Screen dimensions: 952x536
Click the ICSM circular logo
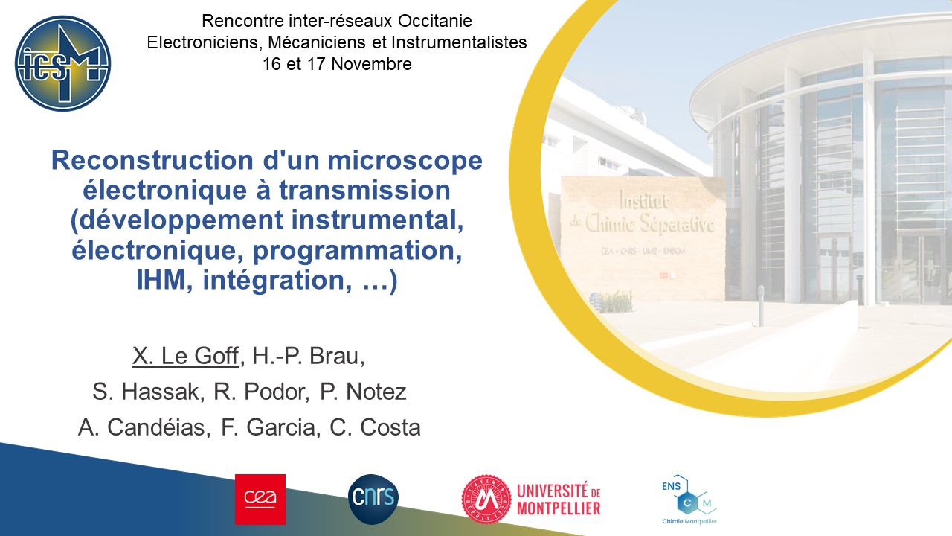(63, 63)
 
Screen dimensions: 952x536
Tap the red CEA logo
(260, 500)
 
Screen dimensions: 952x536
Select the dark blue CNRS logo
(373, 499)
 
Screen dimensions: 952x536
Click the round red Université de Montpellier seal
(486, 499)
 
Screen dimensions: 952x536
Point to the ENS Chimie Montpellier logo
(689, 500)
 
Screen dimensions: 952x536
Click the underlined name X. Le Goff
(186, 356)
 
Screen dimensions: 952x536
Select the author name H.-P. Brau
(309, 356)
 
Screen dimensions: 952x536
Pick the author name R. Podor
(261, 392)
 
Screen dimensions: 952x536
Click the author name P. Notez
(363, 392)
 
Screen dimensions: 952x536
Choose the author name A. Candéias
(144, 427)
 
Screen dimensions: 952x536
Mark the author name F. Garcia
(271, 427)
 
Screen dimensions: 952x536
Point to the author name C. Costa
(376, 427)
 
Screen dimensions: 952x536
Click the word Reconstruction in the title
(152, 160)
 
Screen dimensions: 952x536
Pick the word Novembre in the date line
(371, 64)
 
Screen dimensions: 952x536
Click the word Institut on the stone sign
(644, 200)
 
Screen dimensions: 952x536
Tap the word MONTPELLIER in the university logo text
(559, 508)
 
